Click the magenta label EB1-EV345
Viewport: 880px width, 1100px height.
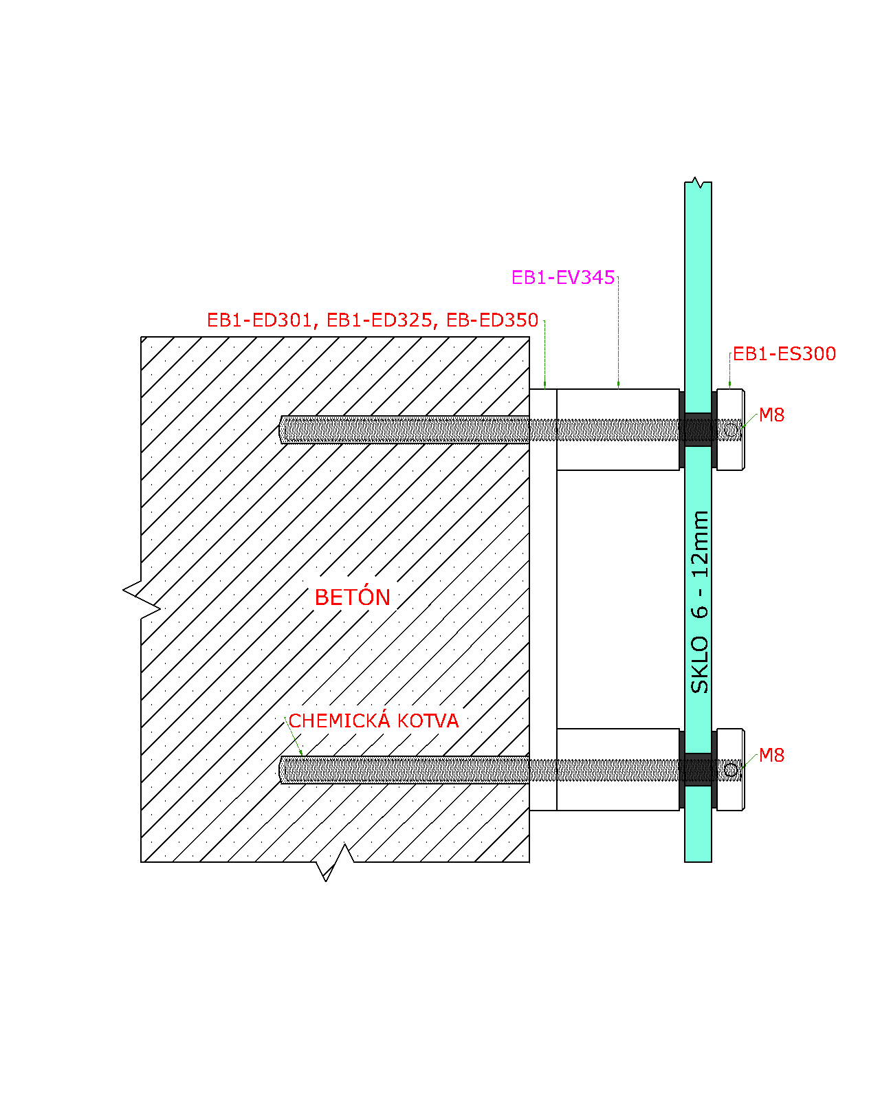[562, 278]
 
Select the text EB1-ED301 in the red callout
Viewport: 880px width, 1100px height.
[259, 320]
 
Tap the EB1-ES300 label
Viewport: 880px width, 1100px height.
[784, 353]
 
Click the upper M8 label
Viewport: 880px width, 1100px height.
[771, 415]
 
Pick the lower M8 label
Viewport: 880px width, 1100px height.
[771, 755]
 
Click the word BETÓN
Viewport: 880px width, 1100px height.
[352, 597]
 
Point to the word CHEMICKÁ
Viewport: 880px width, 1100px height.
[340, 720]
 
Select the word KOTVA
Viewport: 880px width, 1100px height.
[428, 720]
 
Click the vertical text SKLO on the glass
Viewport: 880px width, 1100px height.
[699, 665]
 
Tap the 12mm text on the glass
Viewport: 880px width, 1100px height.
[699, 544]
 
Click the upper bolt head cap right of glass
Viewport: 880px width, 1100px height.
[730, 430]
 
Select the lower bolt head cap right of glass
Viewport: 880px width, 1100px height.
[730, 769]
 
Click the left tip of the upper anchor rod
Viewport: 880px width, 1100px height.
[279, 430]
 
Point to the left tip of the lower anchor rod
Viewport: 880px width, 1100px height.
[279, 770]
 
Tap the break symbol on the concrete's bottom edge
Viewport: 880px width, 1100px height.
[335, 862]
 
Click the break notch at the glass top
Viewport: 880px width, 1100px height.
[697, 182]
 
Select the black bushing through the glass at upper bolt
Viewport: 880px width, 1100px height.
[698, 430]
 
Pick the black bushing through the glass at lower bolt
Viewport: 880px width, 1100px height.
[698, 769]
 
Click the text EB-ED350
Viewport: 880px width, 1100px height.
[492, 320]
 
